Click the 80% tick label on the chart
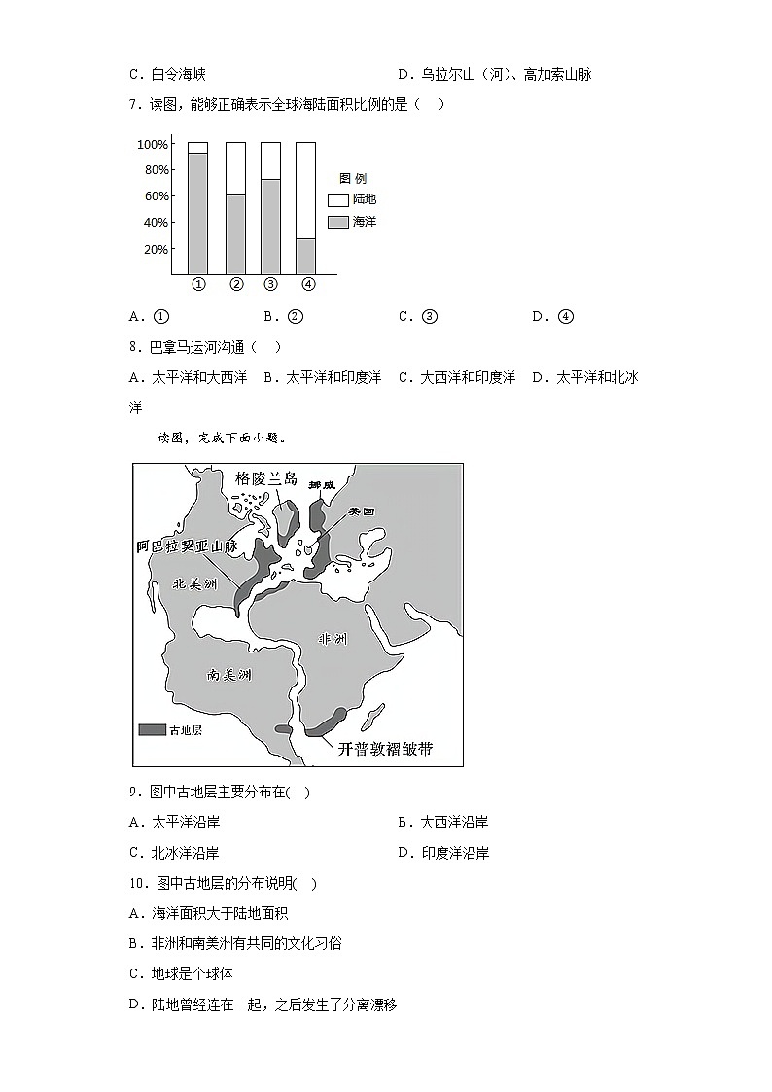pos(154,170)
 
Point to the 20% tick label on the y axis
pos(154,250)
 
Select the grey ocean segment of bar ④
pos(305,256)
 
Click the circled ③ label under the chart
pos(270,285)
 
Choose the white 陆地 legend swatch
pos(338,199)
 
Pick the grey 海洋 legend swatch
pos(338,222)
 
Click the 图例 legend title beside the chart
pos(352,179)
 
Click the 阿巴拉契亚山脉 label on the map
pos(188,546)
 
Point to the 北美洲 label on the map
pos(193,583)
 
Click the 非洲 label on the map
pos(332,639)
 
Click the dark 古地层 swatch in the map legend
pos(152,729)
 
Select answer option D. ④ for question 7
pos(553,316)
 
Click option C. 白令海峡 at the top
pos(167,74)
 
